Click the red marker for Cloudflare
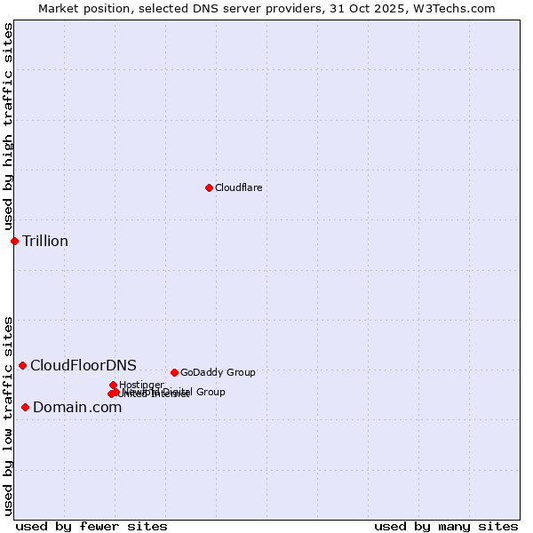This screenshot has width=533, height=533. (209, 187)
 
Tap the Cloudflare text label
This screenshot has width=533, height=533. (238, 187)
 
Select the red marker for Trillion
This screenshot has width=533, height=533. (14, 241)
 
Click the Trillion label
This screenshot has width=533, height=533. (45, 241)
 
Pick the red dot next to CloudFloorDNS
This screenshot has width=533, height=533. (22, 365)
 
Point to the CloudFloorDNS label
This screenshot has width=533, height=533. (84, 365)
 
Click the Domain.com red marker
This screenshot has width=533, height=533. (25, 407)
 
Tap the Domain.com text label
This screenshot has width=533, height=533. (77, 407)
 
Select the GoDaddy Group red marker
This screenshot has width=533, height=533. (174, 372)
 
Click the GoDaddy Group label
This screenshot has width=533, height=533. (218, 372)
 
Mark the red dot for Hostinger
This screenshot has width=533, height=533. (113, 385)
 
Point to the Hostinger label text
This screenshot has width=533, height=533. (141, 385)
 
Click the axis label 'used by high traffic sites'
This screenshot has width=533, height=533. (8, 127)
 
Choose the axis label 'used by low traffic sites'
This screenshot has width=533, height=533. (8, 416)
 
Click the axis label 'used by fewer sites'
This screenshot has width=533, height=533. (91, 526)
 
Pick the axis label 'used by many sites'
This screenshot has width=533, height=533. (446, 526)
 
